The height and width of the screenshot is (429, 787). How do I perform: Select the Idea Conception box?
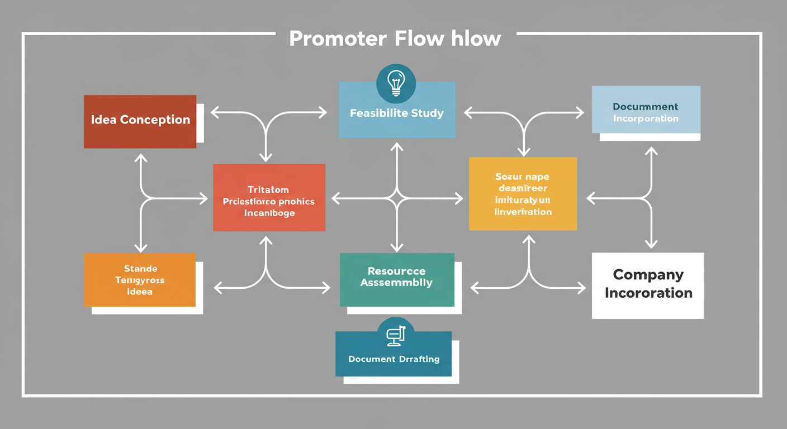coord(140,121)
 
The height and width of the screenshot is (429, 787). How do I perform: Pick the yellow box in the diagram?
coord(523,194)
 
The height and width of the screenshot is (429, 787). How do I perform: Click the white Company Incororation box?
coord(648,285)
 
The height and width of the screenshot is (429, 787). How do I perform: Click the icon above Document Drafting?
coord(396,335)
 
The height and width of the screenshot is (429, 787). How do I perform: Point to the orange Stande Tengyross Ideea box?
coord(140,280)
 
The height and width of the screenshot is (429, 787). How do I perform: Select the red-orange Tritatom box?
coord(269,198)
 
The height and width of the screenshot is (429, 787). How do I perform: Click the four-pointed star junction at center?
coord(397,198)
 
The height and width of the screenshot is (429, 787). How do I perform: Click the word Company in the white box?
coord(648,275)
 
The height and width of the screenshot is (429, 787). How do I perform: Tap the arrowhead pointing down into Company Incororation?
coord(651,244)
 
